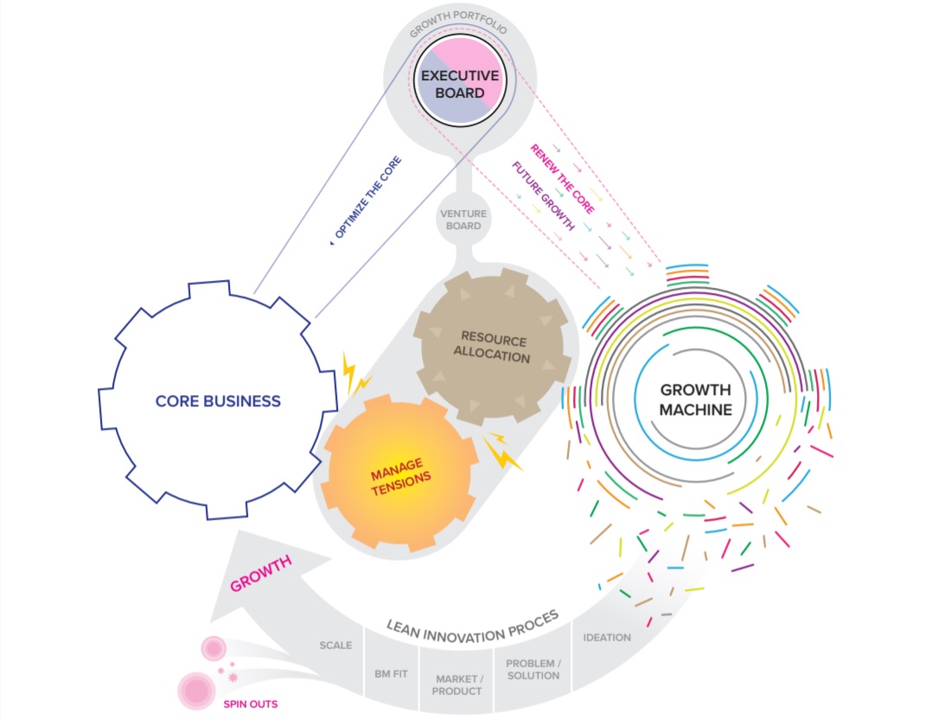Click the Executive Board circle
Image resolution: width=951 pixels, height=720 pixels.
click(x=460, y=84)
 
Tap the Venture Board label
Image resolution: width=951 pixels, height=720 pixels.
click(x=463, y=220)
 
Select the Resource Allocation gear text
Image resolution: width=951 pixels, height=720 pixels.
click(x=495, y=346)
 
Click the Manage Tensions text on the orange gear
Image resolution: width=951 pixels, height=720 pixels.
click(x=400, y=477)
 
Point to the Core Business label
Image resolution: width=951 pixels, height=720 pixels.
click(x=218, y=401)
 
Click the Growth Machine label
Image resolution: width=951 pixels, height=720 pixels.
click(x=695, y=399)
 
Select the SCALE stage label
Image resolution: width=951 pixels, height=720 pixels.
click(x=335, y=646)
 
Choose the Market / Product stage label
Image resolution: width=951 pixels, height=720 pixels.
click(x=458, y=685)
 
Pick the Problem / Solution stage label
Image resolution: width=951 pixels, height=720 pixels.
click(x=533, y=670)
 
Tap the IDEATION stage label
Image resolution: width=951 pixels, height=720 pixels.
click(x=607, y=638)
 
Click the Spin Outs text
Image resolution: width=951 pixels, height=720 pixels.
click(x=250, y=704)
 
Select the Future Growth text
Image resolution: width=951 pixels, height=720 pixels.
click(x=543, y=196)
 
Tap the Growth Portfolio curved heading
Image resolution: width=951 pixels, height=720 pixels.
click(x=459, y=23)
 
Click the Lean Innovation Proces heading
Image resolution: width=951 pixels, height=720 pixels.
click(x=473, y=618)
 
